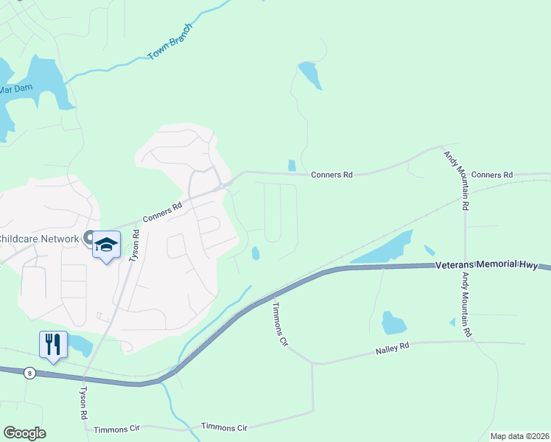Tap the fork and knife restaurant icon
(x=53, y=345)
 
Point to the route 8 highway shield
(x=29, y=373)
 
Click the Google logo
(x=24, y=433)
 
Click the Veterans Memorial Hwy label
(x=487, y=265)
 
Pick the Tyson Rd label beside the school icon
(x=134, y=245)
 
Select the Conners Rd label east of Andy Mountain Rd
(x=491, y=175)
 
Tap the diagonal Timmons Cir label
(x=279, y=323)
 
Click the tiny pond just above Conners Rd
(x=292, y=165)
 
